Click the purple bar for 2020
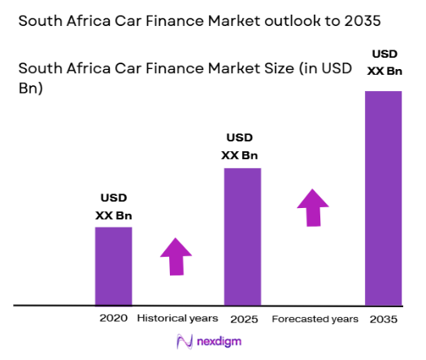tap(113, 266)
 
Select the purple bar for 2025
tap(242, 236)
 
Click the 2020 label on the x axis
tap(113, 318)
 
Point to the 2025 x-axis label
tap(242, 318)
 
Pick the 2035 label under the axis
tap(383, 319)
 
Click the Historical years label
tap(178, 318)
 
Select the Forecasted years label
tap(315, 318)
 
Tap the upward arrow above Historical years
tap(176, 257)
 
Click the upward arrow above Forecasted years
tap(311, 207)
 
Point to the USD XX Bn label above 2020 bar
tap(113, 206)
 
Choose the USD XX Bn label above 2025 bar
tap(242, 147)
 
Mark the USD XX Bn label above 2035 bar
tap(384, 62)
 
